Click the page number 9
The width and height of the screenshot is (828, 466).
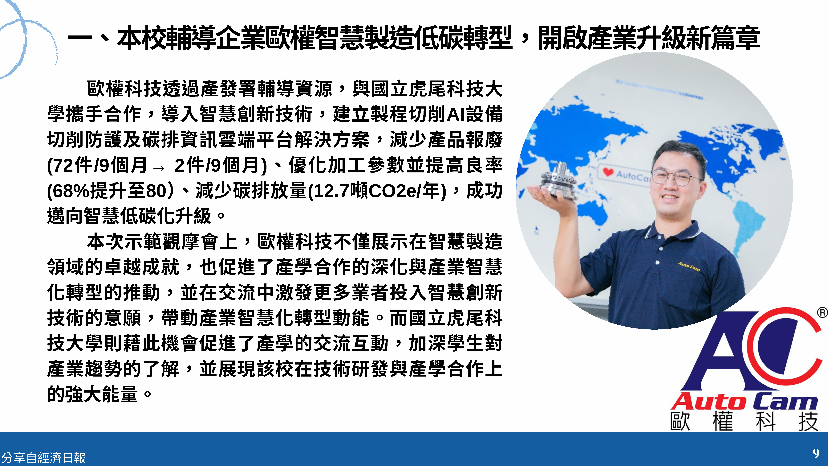point(816,453)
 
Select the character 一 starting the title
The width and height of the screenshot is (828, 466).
point(80,39)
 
